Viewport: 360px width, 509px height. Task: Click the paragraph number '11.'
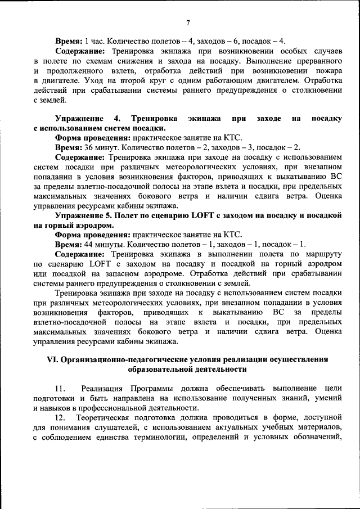61,389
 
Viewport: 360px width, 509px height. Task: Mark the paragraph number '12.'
61,418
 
